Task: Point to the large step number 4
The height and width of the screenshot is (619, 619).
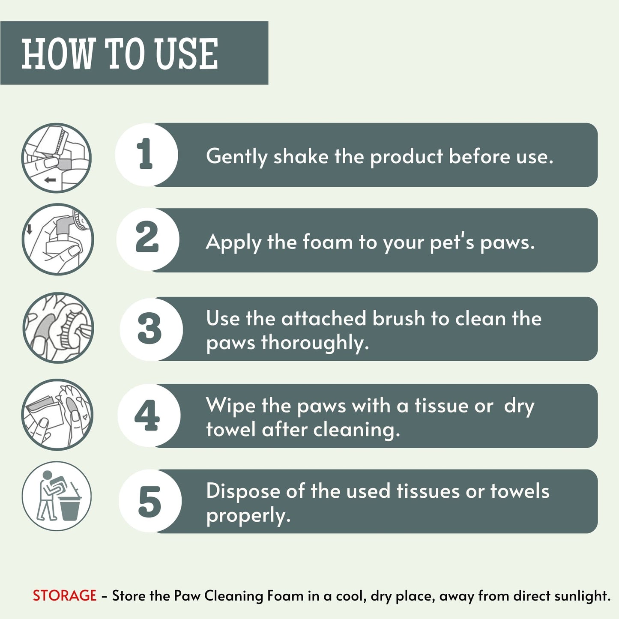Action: click(x=147, y=415)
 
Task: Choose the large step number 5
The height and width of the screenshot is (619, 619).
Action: click(x=150, y=501)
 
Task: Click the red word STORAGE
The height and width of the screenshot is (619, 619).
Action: click(x=65, y=595)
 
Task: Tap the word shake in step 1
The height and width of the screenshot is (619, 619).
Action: click(x=301, y=156)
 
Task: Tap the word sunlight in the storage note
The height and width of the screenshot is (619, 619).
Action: click(x=582, y=595)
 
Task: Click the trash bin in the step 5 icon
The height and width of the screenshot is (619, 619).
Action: click(x=69, y=508)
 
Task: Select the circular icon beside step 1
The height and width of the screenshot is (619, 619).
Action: click(x=57, y=158)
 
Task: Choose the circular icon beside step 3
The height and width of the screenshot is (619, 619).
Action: click(x=58, y=328)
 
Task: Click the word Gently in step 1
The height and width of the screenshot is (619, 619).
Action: click(x=236, y=156)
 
